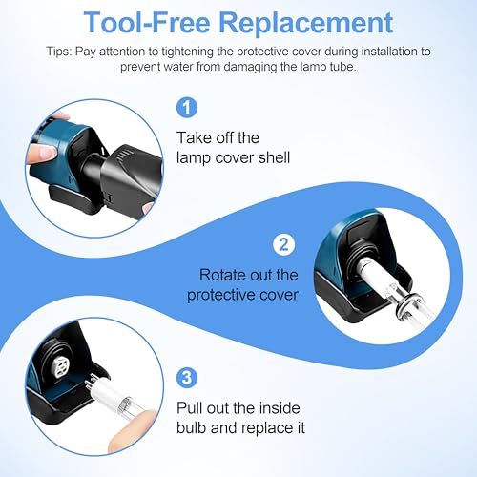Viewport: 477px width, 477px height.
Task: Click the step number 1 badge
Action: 187,107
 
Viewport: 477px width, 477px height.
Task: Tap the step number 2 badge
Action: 283,244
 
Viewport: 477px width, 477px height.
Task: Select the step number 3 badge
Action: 187,378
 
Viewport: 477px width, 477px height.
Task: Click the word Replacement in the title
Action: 306,23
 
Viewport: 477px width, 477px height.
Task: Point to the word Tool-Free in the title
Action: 147,22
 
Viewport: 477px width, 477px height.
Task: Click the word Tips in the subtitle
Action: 59,52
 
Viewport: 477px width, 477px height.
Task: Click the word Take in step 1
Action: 194,137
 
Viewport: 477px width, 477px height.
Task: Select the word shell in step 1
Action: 274,157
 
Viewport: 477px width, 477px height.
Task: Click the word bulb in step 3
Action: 192,427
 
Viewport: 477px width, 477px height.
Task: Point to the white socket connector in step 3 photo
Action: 59,369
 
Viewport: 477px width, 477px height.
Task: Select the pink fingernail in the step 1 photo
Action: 47,153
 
